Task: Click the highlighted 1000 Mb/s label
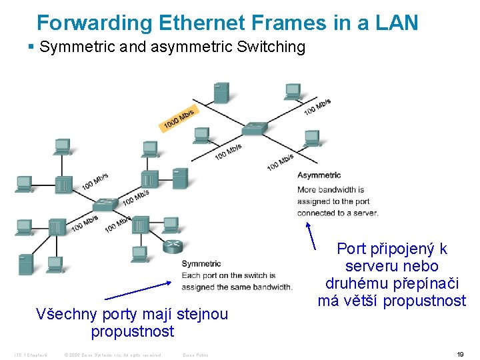tap(178, 119)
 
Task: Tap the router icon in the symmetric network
tap(173, 245)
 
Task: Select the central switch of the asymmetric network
tap(255, 127)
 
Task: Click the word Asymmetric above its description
tap(319, 175)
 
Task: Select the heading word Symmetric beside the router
tap(201, 264)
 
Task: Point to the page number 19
tap(460, 355)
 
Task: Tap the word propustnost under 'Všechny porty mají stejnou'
tap(132, 331)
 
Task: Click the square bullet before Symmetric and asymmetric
tap(31, 47)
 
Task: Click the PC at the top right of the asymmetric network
tap(292, 91)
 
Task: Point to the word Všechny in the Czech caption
tap(63, 314)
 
